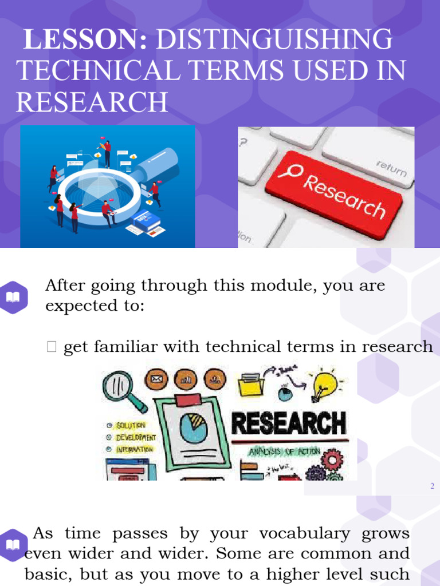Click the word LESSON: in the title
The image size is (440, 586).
[x=85, y=40]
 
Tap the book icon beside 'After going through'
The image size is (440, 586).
[x=13, y=296]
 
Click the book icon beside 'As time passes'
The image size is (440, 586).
[x=13, y=544]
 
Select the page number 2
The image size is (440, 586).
[x=432, y=486]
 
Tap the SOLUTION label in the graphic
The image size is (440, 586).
[x=131, y=425]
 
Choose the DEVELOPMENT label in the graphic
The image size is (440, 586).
[x=136, y=437]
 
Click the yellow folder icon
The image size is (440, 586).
[x=250, y=385]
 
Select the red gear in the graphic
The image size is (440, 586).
[x=332, y=458]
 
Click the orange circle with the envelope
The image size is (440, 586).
[x=156, y=379]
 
